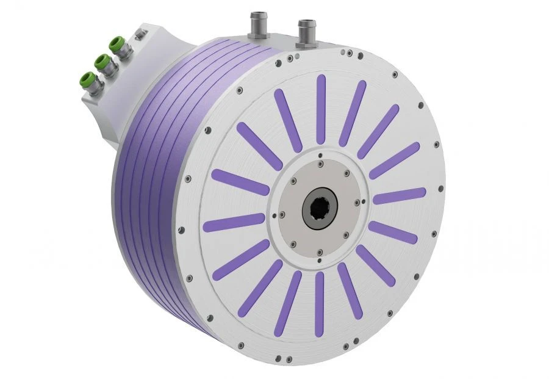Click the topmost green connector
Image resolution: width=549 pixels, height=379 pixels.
[117, 43]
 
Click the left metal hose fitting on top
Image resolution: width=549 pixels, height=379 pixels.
[256, 24]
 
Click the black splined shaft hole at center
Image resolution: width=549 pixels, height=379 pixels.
[321, 211]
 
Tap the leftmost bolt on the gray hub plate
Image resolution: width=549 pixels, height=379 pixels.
[282, 214]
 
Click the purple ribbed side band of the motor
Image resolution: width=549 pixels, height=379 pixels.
[152, 183]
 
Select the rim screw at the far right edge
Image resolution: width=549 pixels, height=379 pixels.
[436, 145]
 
